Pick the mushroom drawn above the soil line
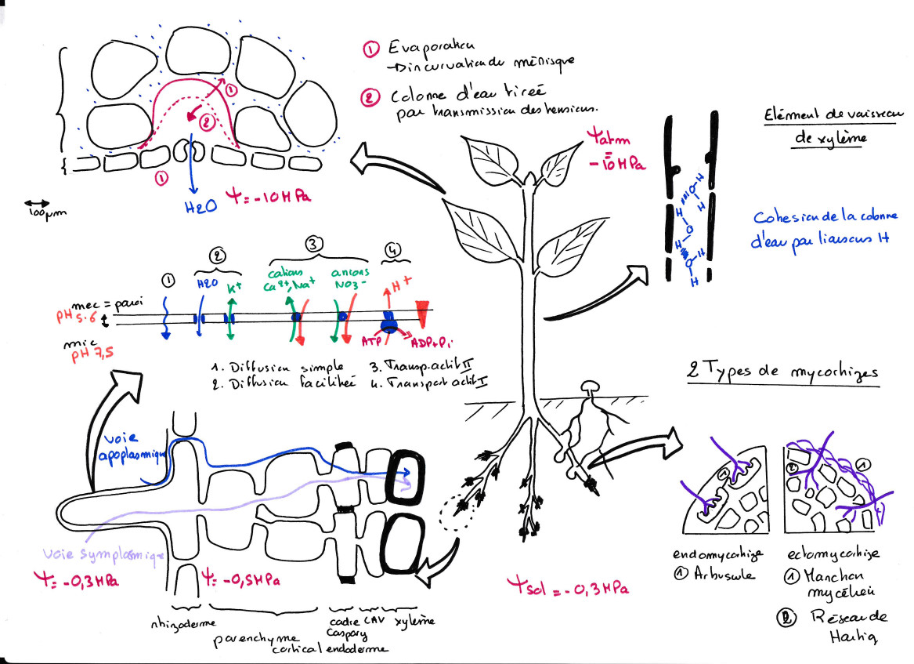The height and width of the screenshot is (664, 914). (x=587, y=387)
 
